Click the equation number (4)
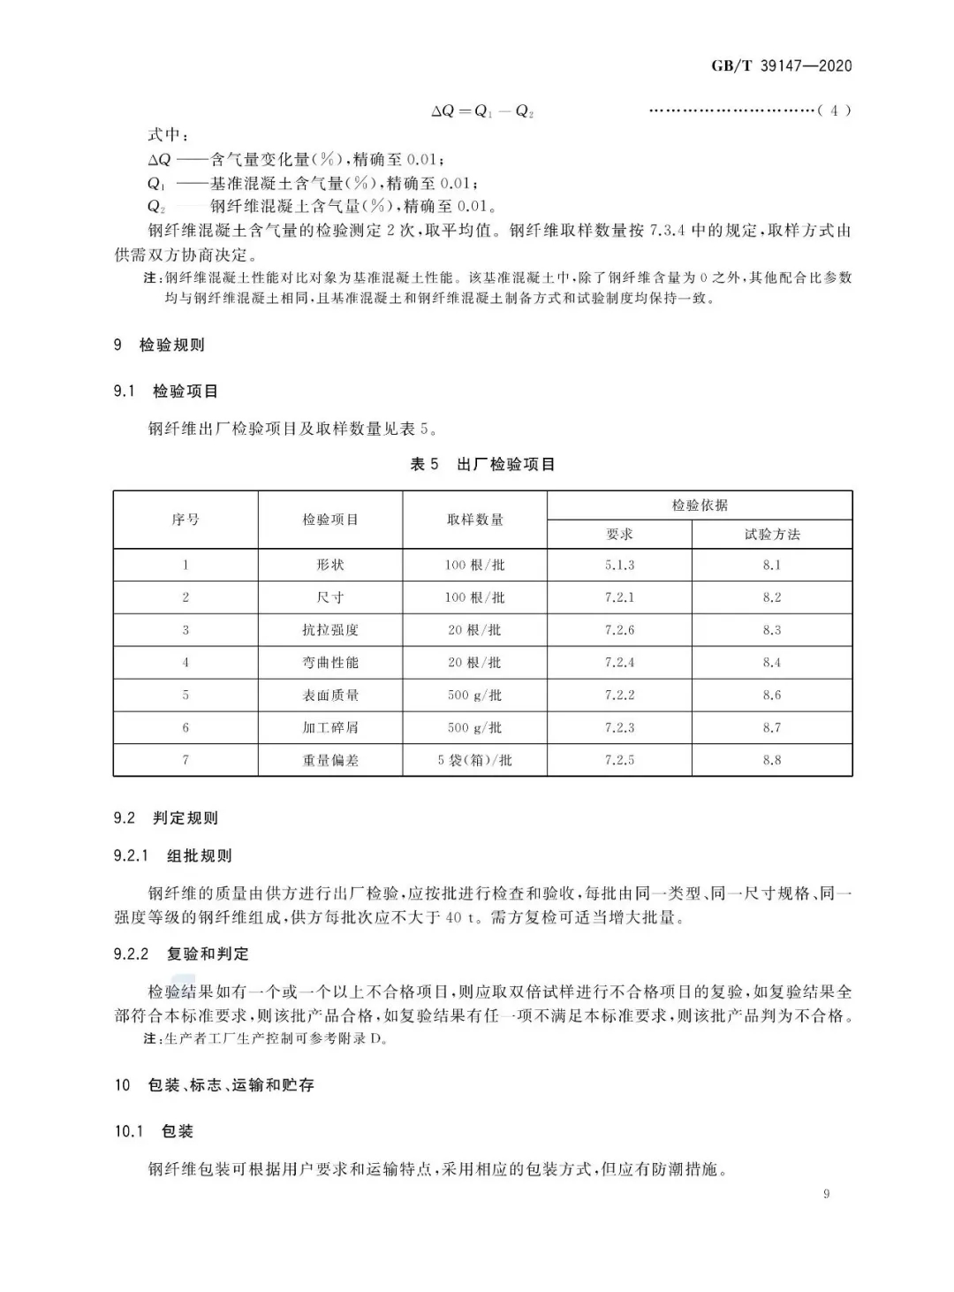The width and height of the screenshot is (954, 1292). click(834, 110)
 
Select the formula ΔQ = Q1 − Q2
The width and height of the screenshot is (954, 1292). click(482, 111)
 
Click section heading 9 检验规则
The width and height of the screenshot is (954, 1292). click(159, 345)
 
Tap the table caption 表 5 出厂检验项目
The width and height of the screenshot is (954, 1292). click(482, 464)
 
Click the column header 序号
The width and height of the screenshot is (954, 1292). click(185, 520)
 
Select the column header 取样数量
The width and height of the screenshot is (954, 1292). click(474, 520)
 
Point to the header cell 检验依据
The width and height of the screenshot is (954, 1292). click(700, 505)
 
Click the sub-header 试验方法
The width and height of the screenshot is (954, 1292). click(771, 534)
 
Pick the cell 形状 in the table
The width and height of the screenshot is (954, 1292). click(330, 565)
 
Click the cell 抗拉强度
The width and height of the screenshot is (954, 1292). click(330, 630)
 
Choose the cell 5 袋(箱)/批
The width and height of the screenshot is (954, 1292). click(474, 760)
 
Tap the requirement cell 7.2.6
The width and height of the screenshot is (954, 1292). click(619, 630)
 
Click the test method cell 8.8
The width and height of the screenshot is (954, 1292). click(771, 760)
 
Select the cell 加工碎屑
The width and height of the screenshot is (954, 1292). click(330, 727)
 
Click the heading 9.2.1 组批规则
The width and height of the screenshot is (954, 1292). click(172, 855)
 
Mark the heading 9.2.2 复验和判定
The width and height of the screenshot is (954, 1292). click(181, 954)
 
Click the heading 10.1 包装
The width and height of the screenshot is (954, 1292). click(154, 1131)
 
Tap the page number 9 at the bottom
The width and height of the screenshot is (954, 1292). click(826, 1194)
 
